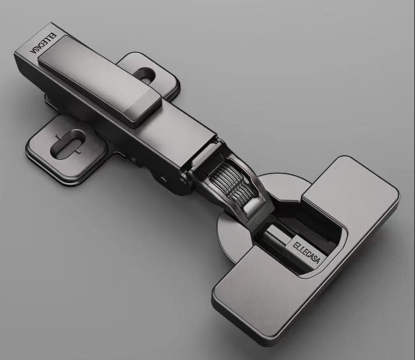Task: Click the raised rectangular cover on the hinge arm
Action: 100,80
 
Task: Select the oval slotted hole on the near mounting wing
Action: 68,144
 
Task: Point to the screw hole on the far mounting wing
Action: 146,74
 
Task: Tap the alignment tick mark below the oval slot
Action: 78,151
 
